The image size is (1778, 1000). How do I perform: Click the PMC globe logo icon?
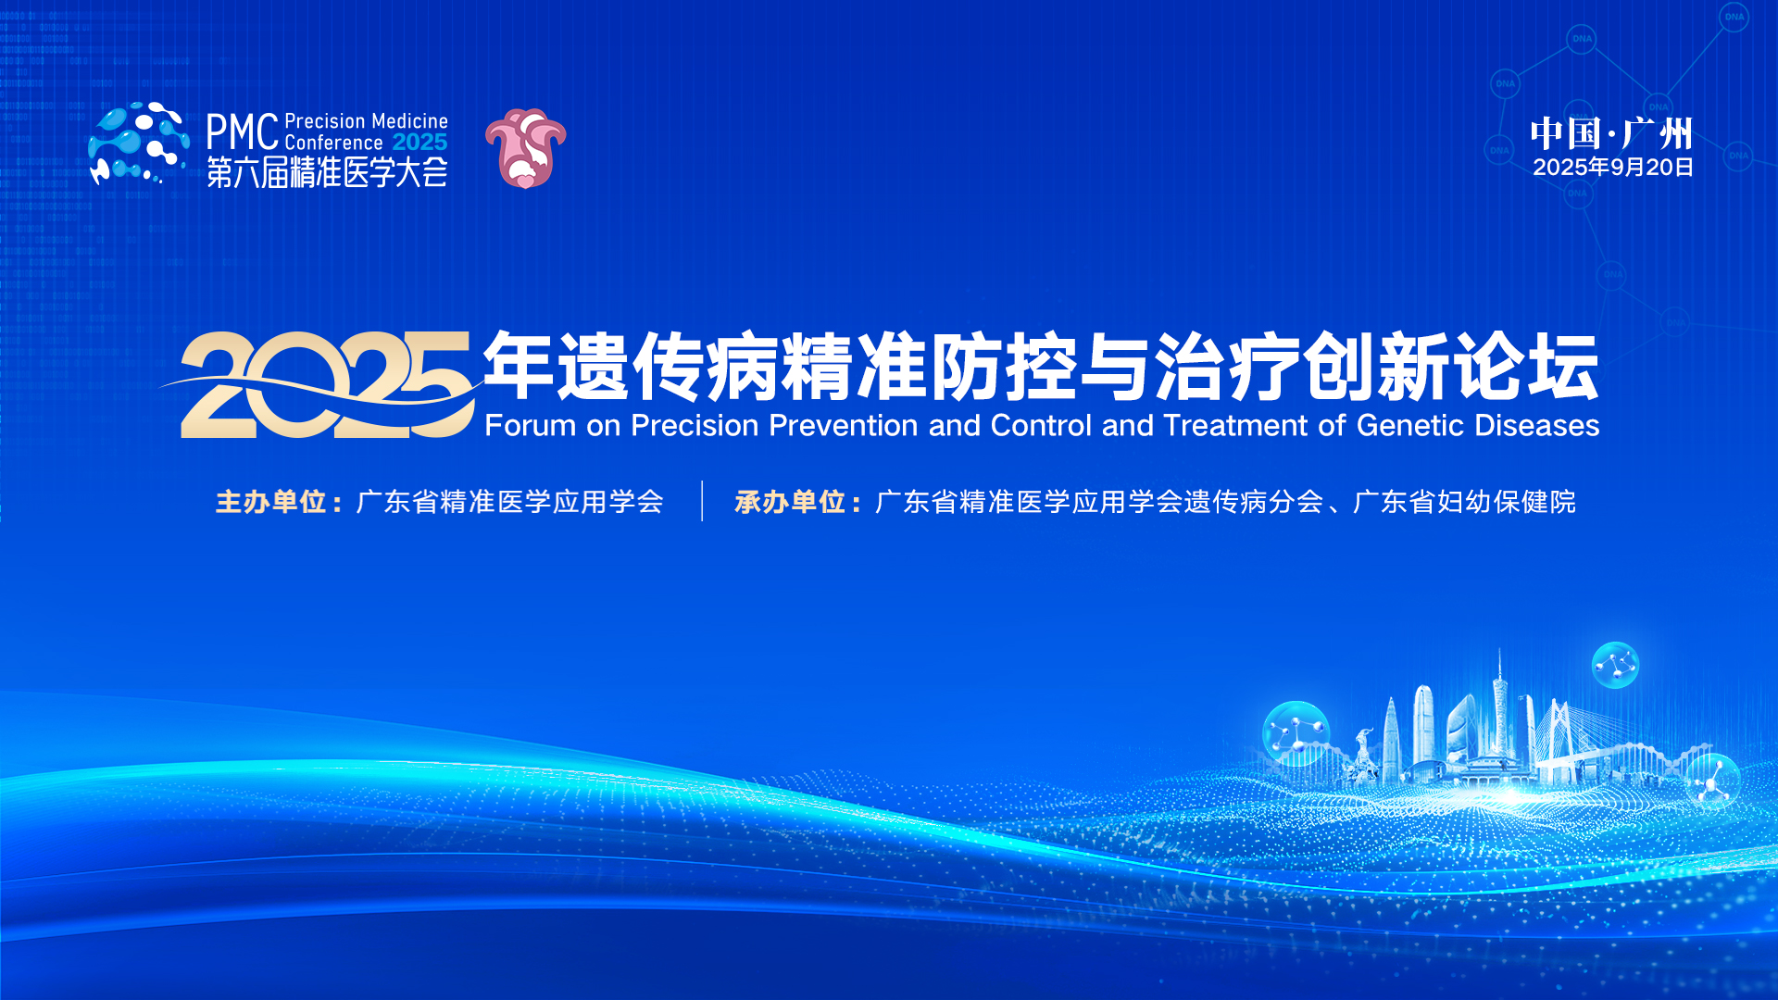pyautogui.click(x=139, y=144)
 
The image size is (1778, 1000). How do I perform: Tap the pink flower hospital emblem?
pyautogui.click(x=525, y=148)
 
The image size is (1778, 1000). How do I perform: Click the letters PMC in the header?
pyautogui.click(x=242, y=132)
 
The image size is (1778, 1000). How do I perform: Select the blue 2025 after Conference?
pyautogui.click(x=419, y=143)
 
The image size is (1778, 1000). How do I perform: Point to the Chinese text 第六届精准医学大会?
pyautogui.click(x=327, y=173)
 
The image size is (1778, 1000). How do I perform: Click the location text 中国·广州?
pyautogui.click(x=1611, y=133)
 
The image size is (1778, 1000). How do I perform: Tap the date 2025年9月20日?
pyautogui.click(x=1613, y=168)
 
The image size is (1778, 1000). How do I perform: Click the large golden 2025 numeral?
pyautogui.click(x=324, y=384)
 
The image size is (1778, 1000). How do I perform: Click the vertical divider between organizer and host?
pyautogui.click(x=702, y=501)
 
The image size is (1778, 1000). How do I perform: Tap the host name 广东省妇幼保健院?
pyautogui.click(x=1464, y=502)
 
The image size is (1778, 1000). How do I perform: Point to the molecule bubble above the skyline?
pyautogui.click(x=1615, y=665)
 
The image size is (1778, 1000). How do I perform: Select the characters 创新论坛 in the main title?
pyautogui.click(x=1451, y=367)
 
